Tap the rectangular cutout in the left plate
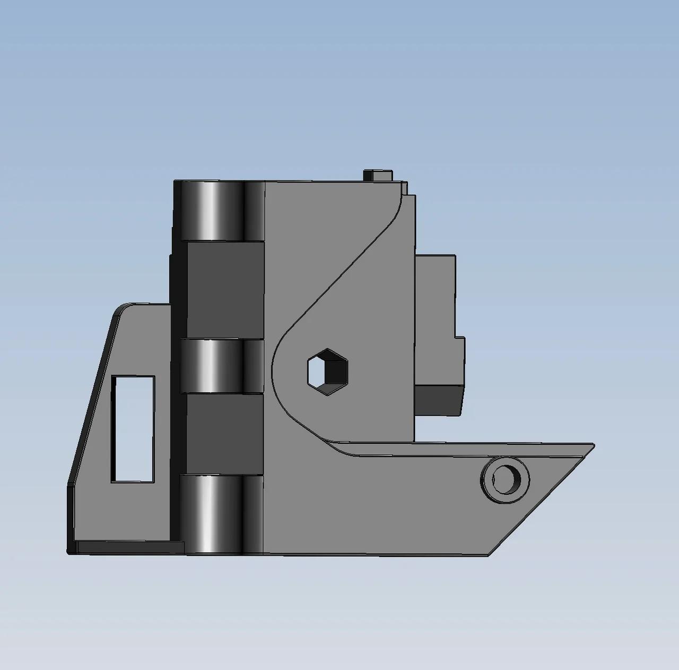pos(133,429)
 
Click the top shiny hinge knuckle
pos(219,211)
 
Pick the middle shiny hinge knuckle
pos(219,366)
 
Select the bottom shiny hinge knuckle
pos(219,514)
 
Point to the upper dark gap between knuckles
pos(225,290)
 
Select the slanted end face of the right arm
pos(541,502)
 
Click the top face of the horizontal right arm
pos(467,450)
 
